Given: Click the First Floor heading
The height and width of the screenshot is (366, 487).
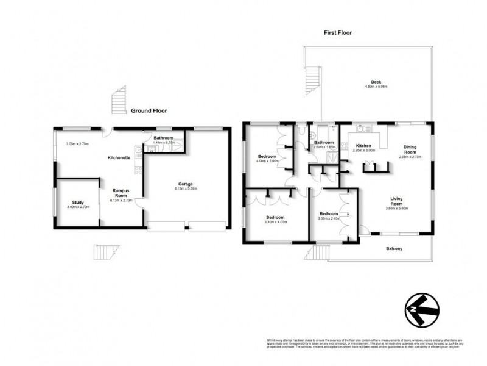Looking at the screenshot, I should click(338, 32).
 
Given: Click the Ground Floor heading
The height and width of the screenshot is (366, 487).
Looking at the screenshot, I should click(149, 111).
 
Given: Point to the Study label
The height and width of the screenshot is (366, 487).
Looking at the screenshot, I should click(77, 203).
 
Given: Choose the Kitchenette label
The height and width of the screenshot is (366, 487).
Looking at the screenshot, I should click(116, 157).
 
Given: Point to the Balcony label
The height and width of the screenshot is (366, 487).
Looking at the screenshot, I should click(394, 249).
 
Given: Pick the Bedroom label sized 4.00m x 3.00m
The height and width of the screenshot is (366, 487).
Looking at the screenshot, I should click(268, 157).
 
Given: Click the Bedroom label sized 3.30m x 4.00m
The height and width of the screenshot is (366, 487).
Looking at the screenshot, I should click(275, 217).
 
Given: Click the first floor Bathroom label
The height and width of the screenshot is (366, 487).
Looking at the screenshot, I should click(323, 142).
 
